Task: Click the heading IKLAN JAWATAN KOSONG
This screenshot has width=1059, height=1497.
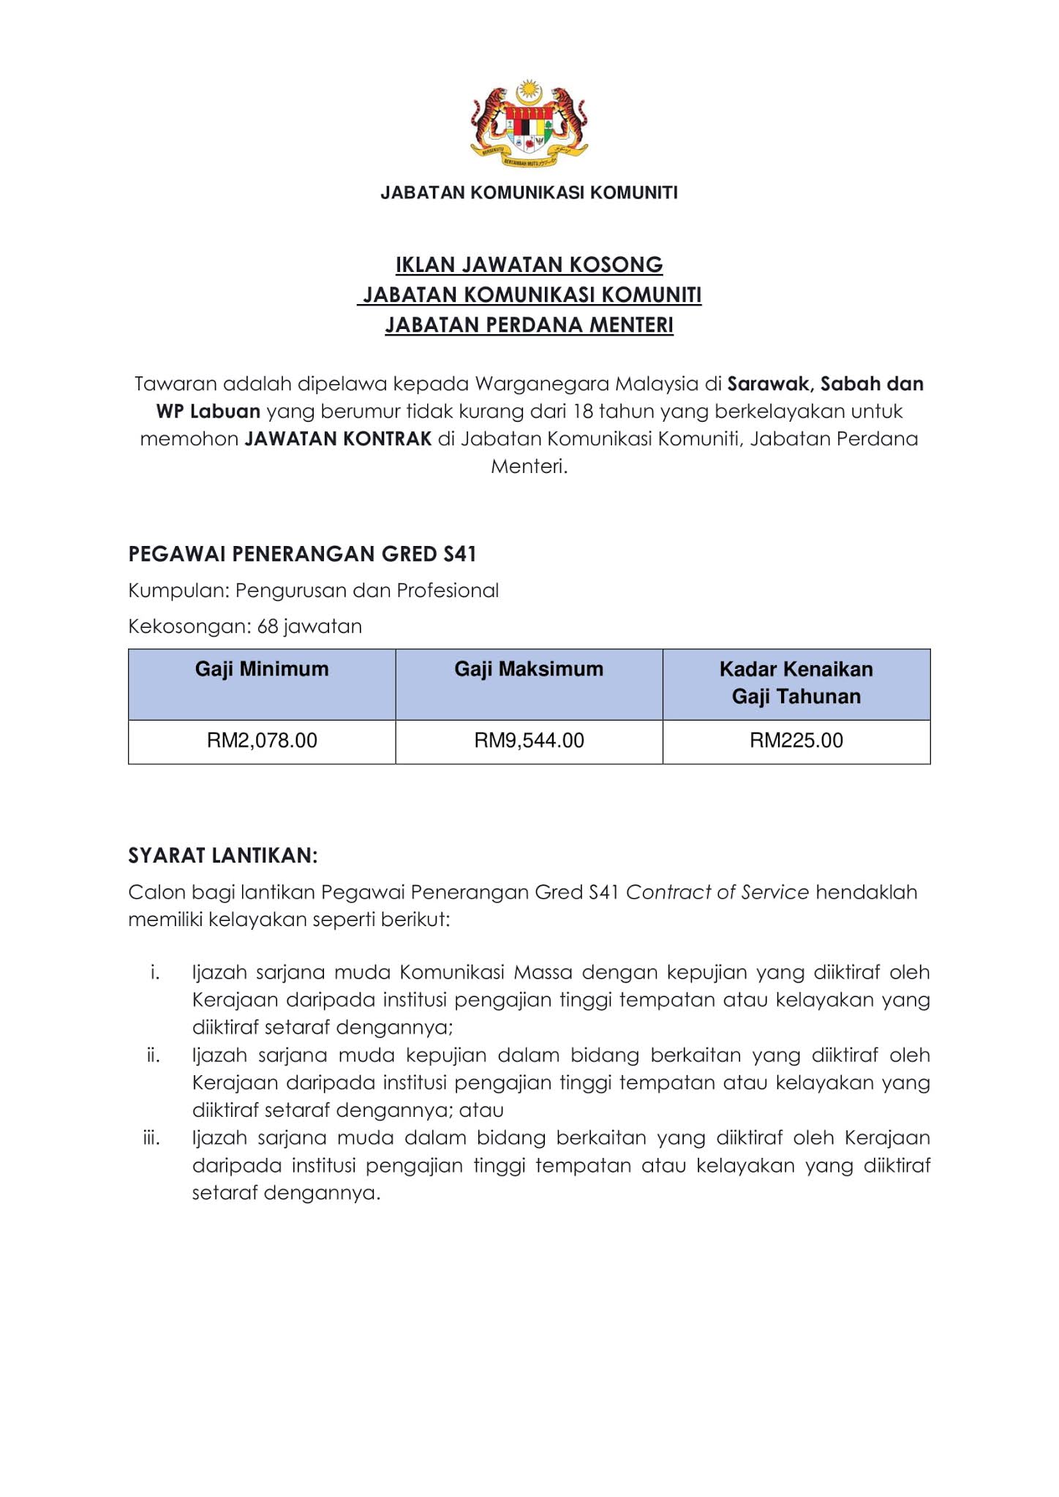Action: (529, 265)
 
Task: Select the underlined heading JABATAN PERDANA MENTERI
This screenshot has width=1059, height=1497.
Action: (529, 325)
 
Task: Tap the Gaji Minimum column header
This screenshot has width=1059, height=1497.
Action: (262, 670)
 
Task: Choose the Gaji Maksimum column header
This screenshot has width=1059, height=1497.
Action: (529, 670)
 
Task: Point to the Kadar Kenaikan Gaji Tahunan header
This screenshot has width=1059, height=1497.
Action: (796, 683)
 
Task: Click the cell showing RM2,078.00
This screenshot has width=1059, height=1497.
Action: (262, 741)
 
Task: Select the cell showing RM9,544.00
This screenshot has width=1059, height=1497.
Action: (529, 741)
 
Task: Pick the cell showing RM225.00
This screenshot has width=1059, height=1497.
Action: (796, 741)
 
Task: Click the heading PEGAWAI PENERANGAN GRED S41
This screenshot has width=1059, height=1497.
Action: (302, 555)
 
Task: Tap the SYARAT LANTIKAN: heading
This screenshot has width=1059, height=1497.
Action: (223, 856)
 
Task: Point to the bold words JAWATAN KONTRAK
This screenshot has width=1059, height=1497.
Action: (338, 439)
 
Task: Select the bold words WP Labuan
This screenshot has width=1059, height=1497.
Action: (208, 412)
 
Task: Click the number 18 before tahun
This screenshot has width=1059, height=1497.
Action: (582, 412)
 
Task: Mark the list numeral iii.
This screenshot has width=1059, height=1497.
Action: (151, 1139)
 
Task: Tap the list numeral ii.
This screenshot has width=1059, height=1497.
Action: (153, 1056)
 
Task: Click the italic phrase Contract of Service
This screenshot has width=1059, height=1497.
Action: (717, 892)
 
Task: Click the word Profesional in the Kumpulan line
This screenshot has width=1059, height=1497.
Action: (448, 591)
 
